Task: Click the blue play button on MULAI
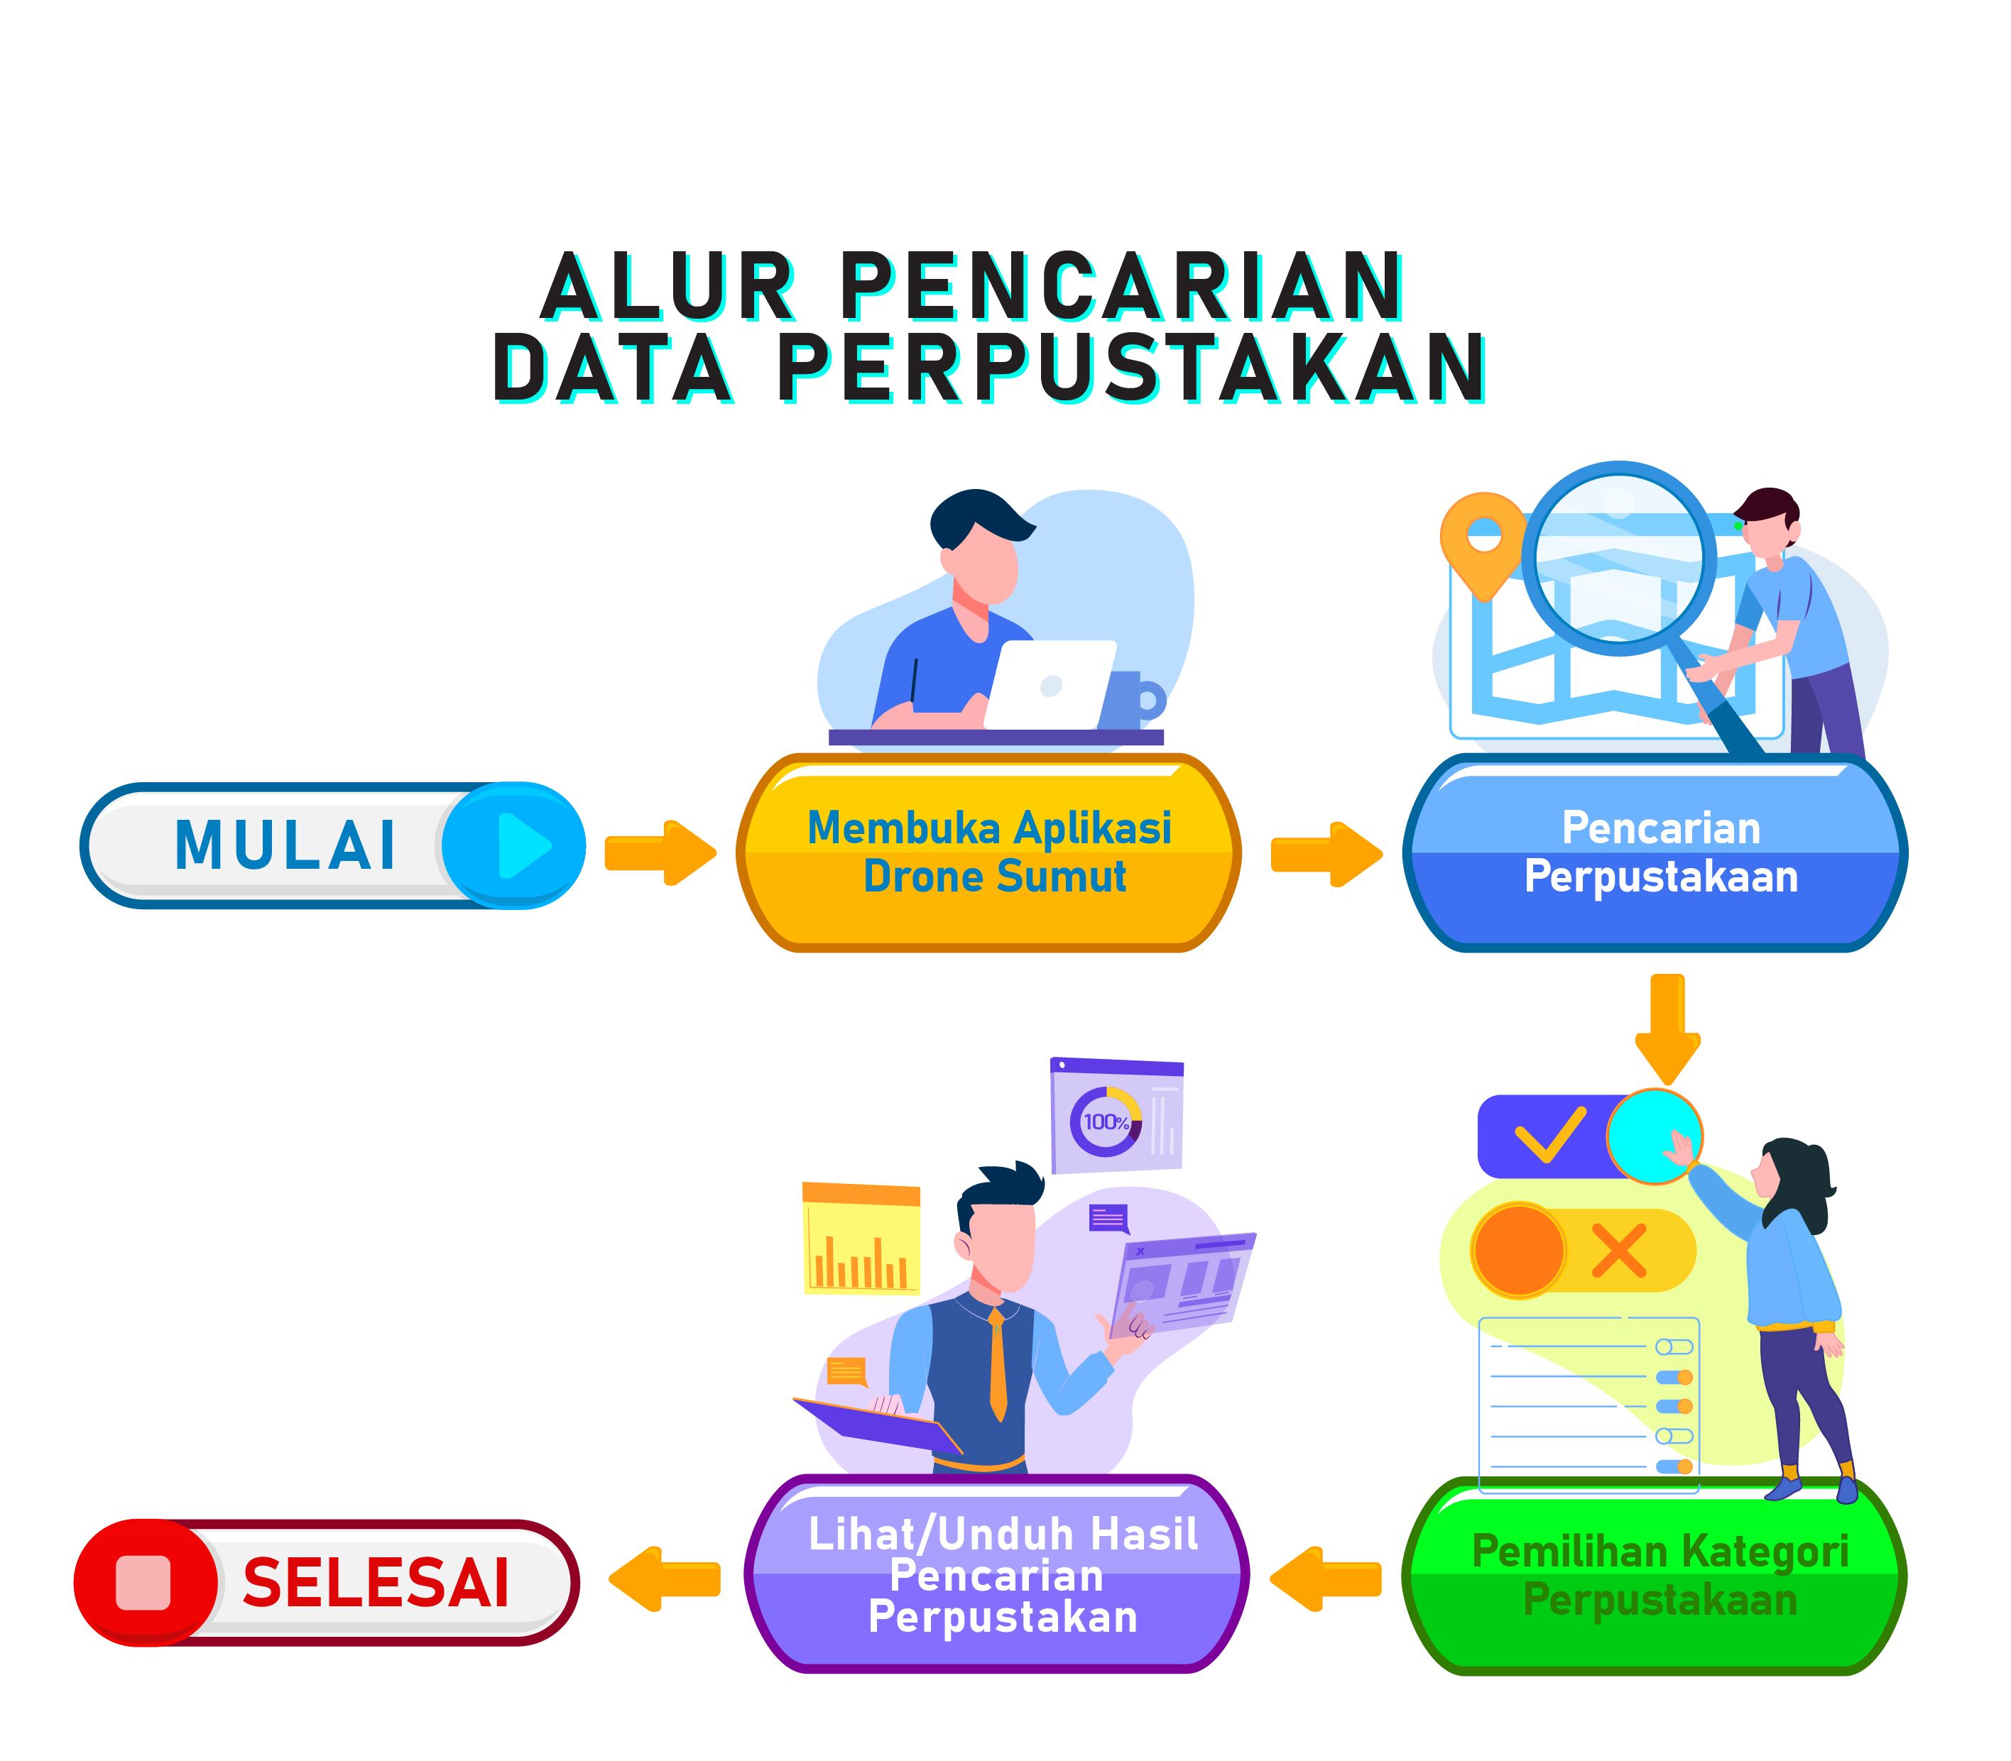[514, 845]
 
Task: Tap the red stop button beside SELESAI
[144, 1582]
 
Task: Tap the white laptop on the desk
[1050, 684]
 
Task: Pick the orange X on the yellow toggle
[1618, 1250]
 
